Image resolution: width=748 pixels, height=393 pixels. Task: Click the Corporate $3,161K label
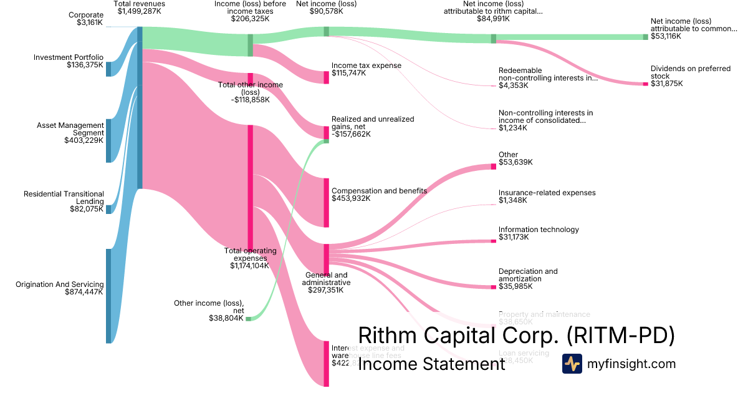pyautogui.click(x=86, y=19)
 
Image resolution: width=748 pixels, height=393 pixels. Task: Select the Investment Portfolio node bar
pyautogui.click(x=108, y=69)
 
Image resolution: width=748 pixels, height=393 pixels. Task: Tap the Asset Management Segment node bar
pyautogui.click(x=108, y=140)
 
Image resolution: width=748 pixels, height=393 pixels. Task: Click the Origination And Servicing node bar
pyautogui.click(x=108, y=296)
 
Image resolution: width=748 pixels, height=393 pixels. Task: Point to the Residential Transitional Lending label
pyautogui.click(x=64, y=198)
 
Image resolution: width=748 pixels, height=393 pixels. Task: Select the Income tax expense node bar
pyautogui.click(x=326, y=77)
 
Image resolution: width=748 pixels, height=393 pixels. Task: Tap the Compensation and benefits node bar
pyautogui.click(x=326, y=202)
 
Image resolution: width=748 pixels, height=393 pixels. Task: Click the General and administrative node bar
pyautogui.click(x=326, y=259)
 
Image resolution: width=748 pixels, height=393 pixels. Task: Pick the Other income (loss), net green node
pyautogui.click(x=248, y=319)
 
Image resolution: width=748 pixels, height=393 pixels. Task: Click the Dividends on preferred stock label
pyautogui.click(x=690, y=72)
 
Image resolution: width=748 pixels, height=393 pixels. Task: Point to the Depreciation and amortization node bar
pyautogui.click(x=496, y=287)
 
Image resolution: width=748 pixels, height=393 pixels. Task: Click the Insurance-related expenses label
pyautogui.click(x=547, y=193)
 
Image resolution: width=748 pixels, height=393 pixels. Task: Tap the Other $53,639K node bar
pyautogui.click(x=496, y=167)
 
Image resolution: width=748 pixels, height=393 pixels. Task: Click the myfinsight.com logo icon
pyautogui.click(x=572, y=364)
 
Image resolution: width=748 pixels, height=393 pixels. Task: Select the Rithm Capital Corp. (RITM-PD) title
pyautogui.click(x=517, y=336)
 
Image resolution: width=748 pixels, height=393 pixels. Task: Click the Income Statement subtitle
pyautogui.click(x=431, y=364)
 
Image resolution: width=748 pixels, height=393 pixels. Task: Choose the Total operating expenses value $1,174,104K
pyautogui.click(x=249, y=265)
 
